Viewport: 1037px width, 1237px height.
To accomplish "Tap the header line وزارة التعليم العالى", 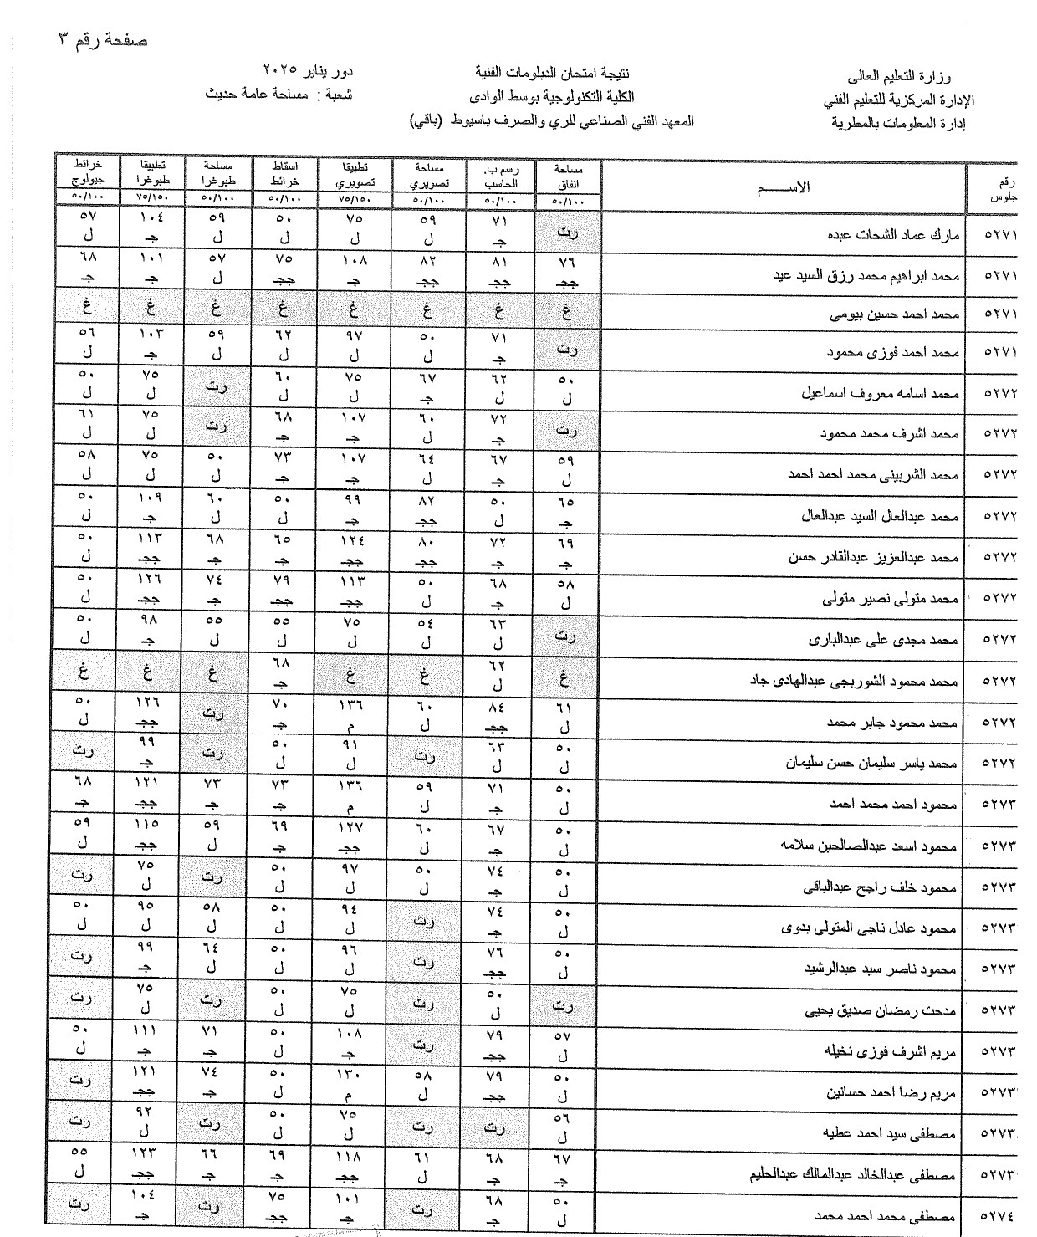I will point(911,78).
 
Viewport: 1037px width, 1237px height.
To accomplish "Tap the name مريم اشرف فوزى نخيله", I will point(891,1051).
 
